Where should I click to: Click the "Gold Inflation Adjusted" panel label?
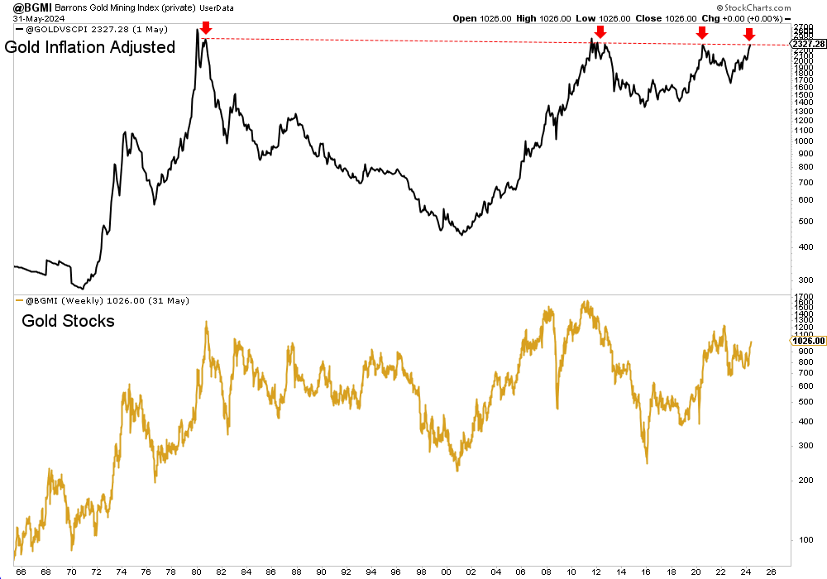pos(90,47)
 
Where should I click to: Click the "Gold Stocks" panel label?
pos(68,320)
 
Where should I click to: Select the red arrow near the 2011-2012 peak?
pos(600,32)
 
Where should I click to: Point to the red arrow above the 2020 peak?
pos(701,32)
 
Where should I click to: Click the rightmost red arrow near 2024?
pos(748,34)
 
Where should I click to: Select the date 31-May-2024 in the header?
pos(27,18)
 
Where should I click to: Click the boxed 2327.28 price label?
pos(808,44)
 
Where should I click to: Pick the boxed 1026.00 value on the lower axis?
pos(808,341)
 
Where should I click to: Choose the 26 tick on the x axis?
pos(771,571)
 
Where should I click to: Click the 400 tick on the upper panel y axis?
pos(801,246)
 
